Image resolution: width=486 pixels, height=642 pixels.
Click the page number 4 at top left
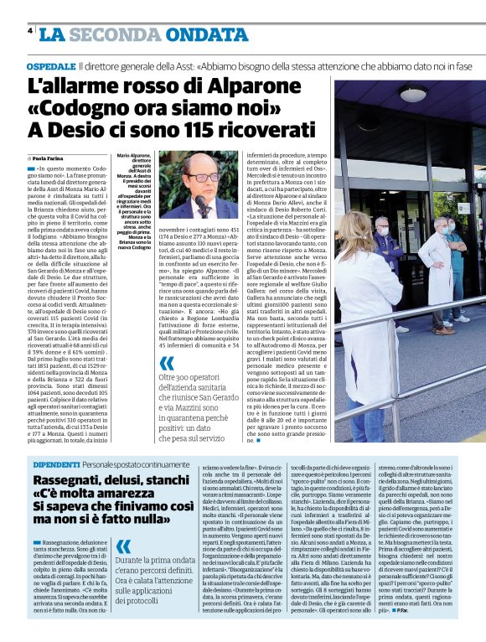[x=30, y=31]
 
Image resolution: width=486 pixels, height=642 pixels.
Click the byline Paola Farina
[x=52, y=158]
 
